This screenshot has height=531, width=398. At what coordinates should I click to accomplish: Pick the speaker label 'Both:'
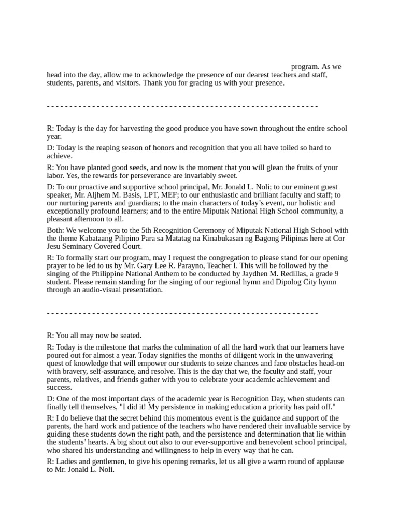click(55, 230)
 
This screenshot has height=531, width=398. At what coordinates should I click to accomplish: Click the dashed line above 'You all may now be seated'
click(182, 313)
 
